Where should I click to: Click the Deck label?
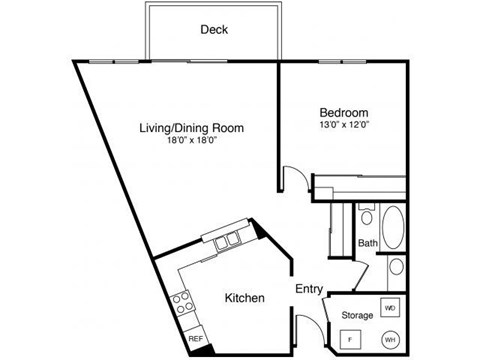point(213,30)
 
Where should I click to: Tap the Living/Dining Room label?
point(192,128)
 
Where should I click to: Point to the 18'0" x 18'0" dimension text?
point(192,142)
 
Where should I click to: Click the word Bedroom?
point(345,112)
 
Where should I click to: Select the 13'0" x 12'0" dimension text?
point(345,126)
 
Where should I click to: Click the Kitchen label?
point(244,298)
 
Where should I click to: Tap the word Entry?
point(309,289)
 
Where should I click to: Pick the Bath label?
point(367,243)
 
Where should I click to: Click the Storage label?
point(357,315)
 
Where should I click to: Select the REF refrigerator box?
point(196,339)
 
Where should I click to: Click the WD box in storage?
point(390,307)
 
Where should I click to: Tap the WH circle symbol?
point(390,338)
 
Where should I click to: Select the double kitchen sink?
point(225,240)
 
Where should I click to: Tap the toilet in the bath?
point(367,216)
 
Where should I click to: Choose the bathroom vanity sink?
point(397,267)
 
